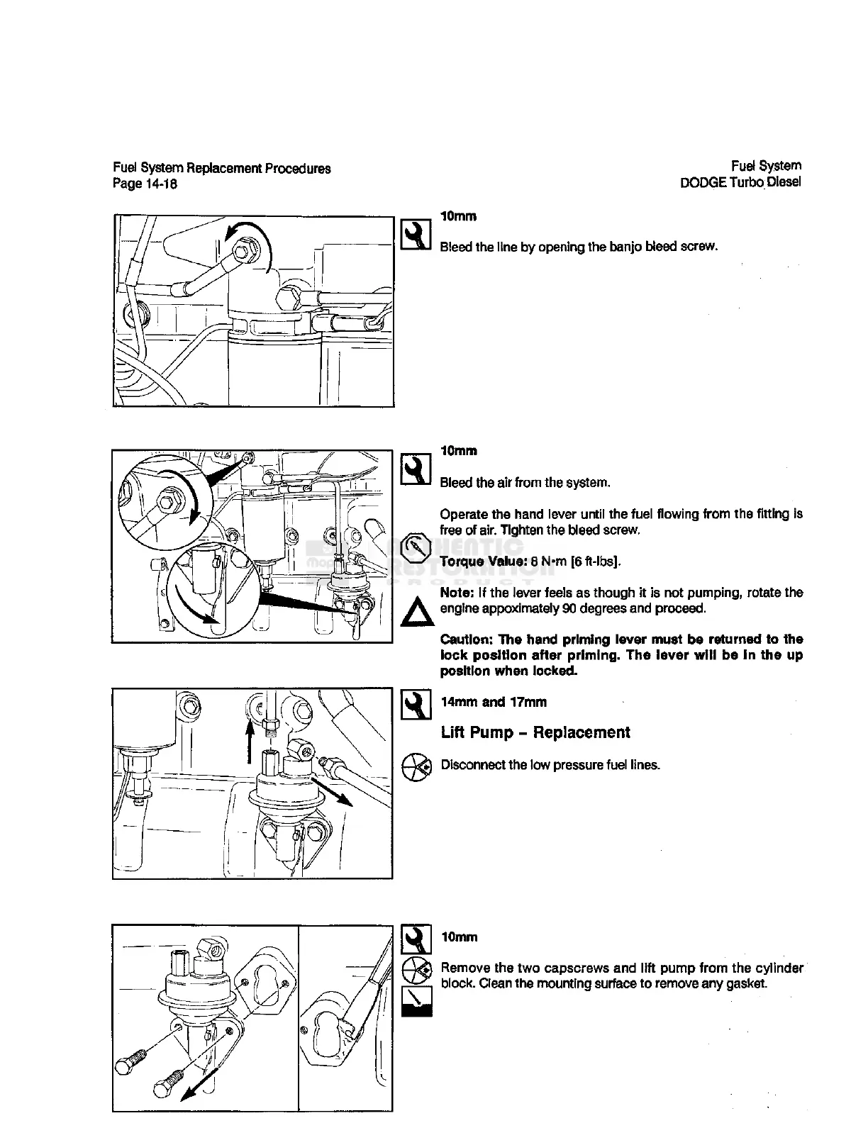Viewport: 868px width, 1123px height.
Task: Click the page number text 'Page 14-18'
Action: (145, 184)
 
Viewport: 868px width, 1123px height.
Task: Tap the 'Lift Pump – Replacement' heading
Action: (535, 732)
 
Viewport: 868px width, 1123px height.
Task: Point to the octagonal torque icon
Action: (416, 547)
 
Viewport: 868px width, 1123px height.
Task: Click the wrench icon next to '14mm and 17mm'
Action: (416, 705)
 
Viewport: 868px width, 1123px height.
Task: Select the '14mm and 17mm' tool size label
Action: (494, 702)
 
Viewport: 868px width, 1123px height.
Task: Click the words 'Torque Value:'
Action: (484, 561)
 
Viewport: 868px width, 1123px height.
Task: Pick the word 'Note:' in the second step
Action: (457, 593)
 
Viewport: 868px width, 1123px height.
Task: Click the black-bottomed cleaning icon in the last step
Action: (416, 1002)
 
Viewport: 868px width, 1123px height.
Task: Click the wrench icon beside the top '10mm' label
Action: (416, 235)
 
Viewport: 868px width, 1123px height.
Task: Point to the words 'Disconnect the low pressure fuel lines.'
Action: (550, 765)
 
